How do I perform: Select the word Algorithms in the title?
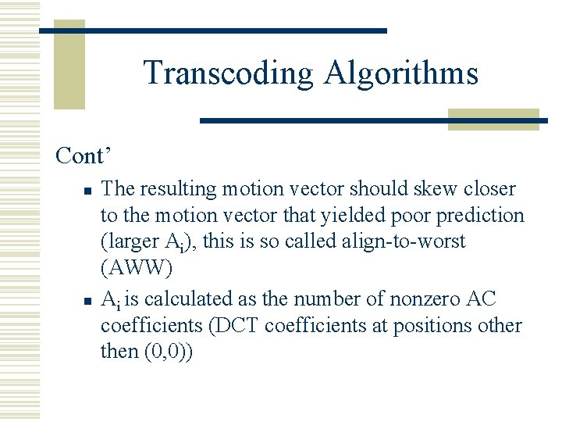(x=402, y=73)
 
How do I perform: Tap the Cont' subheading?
(x=80, y=156)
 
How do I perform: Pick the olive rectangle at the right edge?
(x=493, y=120)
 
